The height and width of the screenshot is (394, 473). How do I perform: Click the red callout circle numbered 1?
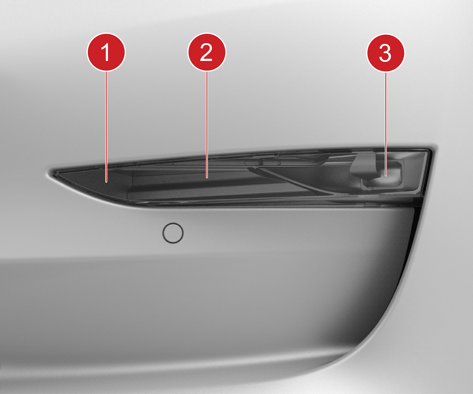106,52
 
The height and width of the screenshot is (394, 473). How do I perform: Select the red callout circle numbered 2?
207,52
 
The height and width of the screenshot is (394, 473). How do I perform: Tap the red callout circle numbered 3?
385,53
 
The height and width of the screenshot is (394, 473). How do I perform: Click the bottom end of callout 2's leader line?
207,178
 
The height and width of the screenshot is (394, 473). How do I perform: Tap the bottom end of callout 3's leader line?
385,176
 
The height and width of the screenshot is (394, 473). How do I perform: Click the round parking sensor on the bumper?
173,233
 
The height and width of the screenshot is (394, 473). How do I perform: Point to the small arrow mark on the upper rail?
245,163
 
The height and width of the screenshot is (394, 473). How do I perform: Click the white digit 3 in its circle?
385,53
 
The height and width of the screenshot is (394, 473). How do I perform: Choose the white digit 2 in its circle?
206,52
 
